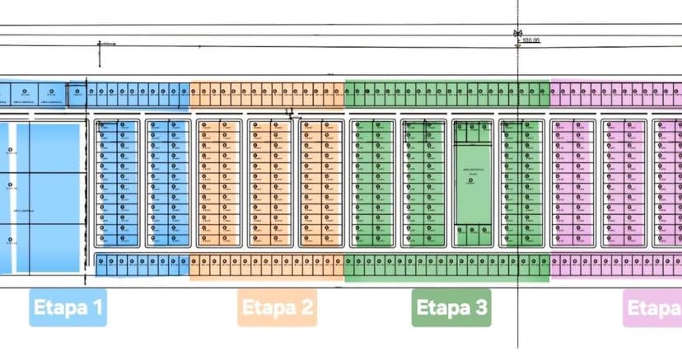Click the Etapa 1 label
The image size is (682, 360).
[68, 308]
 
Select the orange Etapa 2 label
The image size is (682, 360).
[278, 308]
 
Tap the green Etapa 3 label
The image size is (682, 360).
[451, 308]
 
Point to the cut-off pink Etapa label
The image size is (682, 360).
[652, 308]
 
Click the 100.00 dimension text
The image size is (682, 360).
[530, 40]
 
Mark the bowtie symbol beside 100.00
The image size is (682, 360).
[517, 34]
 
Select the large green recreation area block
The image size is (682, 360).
[473, 183]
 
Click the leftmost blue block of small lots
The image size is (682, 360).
[117, 183]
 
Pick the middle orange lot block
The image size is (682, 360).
[270, 183]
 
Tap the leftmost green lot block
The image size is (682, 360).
[371, 183]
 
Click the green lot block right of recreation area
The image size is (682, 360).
[522, 183]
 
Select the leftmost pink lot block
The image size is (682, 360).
[574, 183]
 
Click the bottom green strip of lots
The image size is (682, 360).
[446, 267]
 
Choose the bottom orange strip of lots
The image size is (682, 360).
[268, 267]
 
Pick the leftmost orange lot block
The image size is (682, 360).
[219, 183]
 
